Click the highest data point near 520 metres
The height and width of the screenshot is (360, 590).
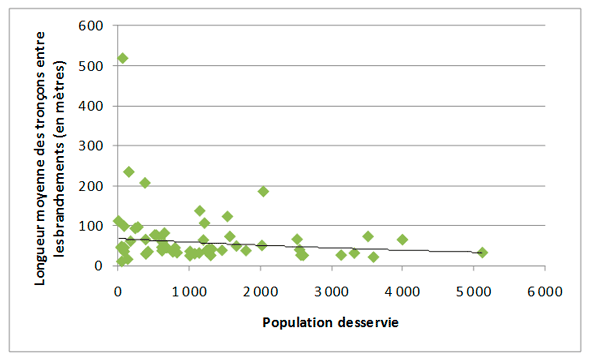[x=123, y=58]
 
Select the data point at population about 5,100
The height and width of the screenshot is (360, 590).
[x=482, y=252]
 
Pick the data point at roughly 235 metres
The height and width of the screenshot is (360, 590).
[x=129, y=172]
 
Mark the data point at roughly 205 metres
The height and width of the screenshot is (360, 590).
[x=145, y=183]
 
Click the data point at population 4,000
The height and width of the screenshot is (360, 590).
[x=402, y=240]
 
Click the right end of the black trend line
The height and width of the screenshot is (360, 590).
[x=482, y=253]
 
